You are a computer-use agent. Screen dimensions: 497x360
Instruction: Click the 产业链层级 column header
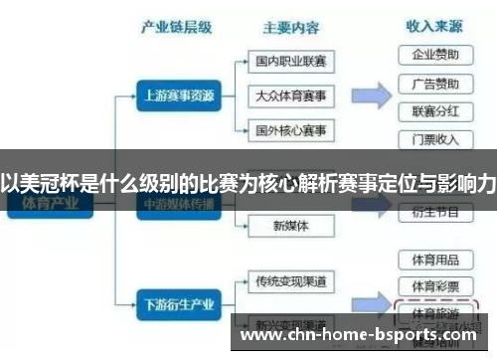177,27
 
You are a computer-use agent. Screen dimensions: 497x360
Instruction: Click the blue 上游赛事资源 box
176,96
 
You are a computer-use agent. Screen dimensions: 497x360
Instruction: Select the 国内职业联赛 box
290,62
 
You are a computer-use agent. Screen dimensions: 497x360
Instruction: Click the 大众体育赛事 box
290,96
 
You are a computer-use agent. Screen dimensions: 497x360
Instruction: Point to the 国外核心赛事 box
290,131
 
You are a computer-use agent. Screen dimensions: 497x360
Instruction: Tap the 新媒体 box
290,226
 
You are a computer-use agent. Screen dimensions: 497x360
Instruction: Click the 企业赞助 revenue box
434,54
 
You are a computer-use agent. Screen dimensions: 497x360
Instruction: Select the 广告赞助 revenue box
434,83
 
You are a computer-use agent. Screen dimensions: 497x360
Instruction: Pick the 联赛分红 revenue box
434,110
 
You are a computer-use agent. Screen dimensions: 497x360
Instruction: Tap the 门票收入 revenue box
434,139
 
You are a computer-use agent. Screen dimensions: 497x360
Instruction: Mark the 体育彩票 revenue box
434,286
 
